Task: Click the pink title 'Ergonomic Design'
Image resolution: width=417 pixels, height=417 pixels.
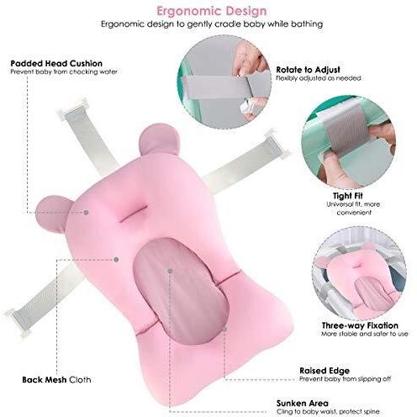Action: (212, 11)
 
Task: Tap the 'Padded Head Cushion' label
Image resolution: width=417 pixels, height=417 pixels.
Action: (56, 63)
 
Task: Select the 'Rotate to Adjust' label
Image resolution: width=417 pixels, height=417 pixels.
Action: (308, 70)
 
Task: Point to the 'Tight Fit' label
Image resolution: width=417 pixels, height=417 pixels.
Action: (348, 195)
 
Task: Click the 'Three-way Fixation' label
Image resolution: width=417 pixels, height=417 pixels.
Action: (360, 325)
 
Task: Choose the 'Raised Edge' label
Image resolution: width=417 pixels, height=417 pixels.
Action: (325, 371)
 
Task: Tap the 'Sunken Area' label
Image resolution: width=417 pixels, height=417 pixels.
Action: (302, 404)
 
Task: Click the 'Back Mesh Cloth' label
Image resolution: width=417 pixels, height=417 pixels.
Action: (56, 380)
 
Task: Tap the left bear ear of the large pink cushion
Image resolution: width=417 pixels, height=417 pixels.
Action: (52, 214)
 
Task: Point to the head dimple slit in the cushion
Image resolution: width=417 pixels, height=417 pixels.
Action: (133, 214)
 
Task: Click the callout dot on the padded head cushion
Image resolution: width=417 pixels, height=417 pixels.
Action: (87, 213)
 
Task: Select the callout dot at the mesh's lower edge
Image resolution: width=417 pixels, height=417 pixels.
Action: (224, 330)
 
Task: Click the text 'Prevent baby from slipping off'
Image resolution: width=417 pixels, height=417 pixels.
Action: (345, 379)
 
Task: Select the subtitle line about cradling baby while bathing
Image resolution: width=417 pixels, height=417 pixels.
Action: (212, 24)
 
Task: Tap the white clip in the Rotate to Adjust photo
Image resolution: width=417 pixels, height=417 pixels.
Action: (247, 109)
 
